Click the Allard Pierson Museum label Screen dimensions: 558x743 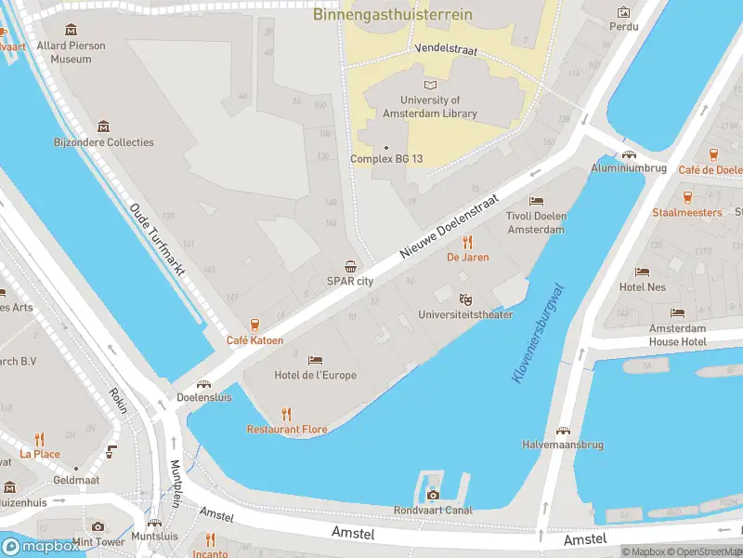pos(71,52)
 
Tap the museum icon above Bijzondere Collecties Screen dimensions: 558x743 pos(103,126)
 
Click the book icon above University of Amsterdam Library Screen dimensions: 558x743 pos(430,85)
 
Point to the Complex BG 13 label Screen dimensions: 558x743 pos(386,159)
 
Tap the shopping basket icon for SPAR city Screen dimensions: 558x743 pos(350,267)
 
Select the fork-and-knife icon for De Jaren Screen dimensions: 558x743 pos(467,242)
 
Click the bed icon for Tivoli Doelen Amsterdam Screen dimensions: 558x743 pos(536,201)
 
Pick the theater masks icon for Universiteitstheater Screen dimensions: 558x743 pos(466,299)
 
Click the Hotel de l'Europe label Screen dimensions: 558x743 pos(315,375)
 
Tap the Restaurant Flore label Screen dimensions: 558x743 pos(287,429)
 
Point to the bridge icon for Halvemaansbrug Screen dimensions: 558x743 pos(563,430)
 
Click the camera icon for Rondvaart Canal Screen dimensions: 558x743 pos(433,495)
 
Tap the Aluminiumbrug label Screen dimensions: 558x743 pos(629,168)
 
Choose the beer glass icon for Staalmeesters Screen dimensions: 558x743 pos(687,197)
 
